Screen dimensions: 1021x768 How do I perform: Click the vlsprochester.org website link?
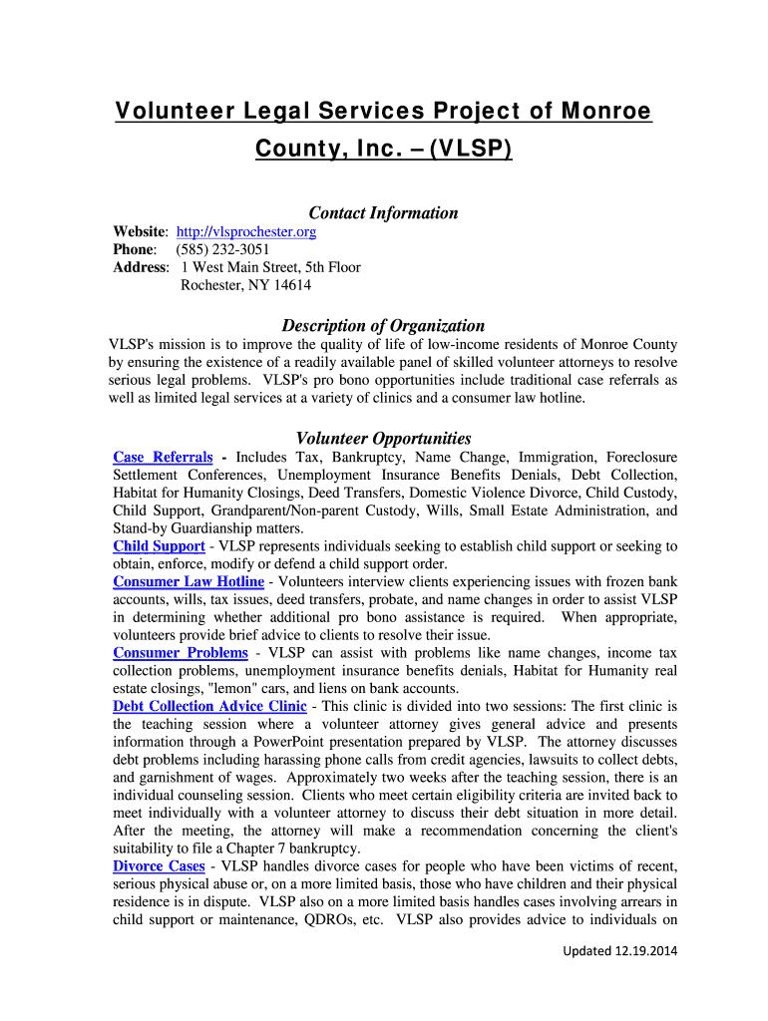(x=245, y=231)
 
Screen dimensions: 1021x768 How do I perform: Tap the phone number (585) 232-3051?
(x=222, y=249)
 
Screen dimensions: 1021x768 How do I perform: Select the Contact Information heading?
(x=383, y=212)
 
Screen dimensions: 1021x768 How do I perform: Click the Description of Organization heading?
(x=383, y=325)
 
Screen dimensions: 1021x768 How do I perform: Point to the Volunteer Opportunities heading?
(x=383, y=438)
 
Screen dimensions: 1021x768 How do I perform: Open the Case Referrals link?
(x=163, y=457)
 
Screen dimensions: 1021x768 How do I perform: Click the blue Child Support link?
(x=159, y=546)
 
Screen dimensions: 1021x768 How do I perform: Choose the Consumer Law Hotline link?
(x=189, y=581)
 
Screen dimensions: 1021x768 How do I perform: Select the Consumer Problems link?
(x=181, y=652)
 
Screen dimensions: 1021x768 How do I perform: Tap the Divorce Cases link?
(x=159, y=865)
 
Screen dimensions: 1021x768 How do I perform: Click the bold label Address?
(x=140, y=267)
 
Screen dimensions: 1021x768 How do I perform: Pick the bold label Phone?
(x=134, y=249)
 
